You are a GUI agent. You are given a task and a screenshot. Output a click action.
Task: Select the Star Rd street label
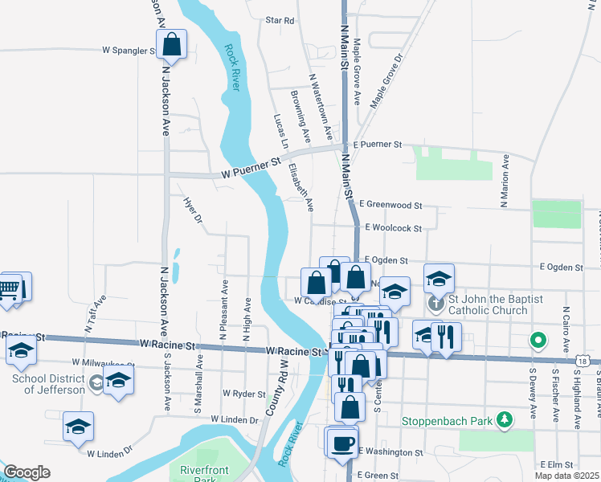pos(280,20)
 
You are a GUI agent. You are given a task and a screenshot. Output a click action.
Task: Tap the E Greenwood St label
pos(391,206)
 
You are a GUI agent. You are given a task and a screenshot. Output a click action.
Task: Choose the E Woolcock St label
pos(393,228)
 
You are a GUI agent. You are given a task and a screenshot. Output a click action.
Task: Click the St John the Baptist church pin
pos(435,304)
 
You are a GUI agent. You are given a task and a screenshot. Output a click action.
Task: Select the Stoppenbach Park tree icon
pos(504,419)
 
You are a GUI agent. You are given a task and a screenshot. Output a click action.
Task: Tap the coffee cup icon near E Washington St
pos(342,442)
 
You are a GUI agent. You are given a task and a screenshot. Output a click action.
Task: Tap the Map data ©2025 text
pos(567,476)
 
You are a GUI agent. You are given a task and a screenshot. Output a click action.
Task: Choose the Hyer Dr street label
pos(193,210)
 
